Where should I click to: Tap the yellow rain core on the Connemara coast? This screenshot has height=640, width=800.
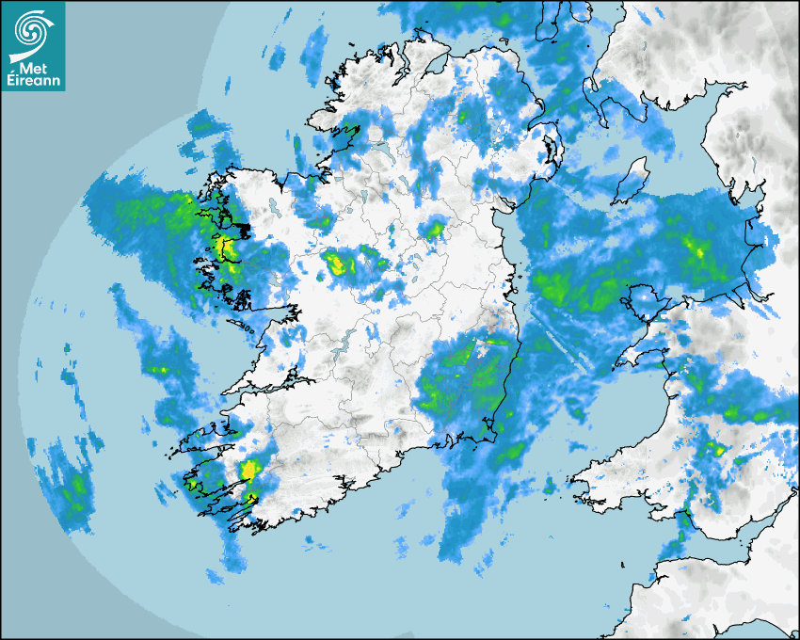click(x=223, y=248)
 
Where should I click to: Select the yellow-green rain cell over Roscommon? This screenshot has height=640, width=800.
click(x=336, y=264)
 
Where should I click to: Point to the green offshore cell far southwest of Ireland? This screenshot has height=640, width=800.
click(x=75, y=486)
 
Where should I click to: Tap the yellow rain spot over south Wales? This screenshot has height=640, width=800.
click(x=718, y=449)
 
